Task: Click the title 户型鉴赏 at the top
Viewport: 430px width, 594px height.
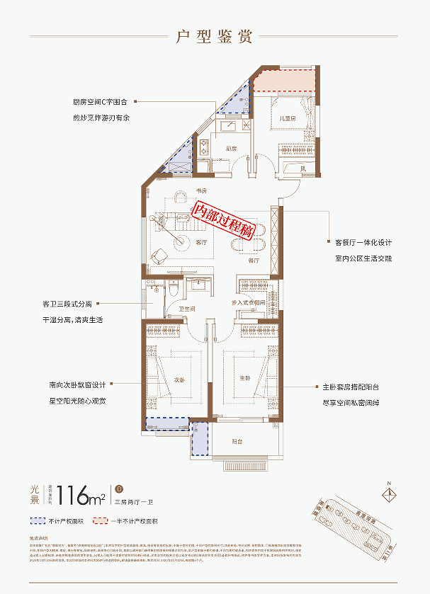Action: click(215, 38)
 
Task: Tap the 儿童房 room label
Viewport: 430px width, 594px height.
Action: click(286, 119)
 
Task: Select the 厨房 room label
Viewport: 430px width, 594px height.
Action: click(230, 149)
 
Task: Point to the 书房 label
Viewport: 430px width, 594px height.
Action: click(200, 191)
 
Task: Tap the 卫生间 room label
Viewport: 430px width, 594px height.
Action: click(186, 309)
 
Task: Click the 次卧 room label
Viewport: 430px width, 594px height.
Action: click(180, 379)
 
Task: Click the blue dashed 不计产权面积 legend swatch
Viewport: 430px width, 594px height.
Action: click(40, 521)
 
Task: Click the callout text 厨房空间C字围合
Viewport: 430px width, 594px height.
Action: click(98, 102)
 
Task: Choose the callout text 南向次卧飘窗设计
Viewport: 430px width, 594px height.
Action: click(77, 385)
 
